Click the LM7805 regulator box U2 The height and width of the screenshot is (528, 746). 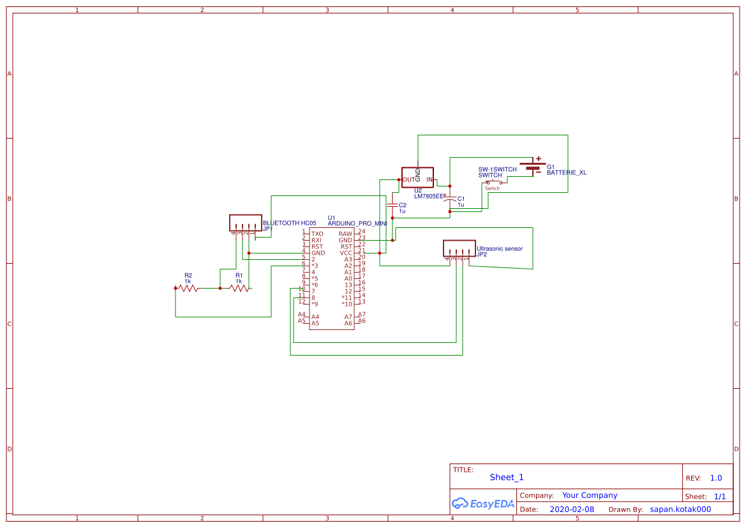pyautogui.click(x=417, y=177)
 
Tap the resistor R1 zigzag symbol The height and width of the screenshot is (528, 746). pyautogui.click(x=239, y=289)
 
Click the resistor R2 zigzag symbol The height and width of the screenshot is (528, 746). pyautogui.click(x=188, y=289)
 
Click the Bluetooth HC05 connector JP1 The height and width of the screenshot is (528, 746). pyautogui.click(x=245, y=223)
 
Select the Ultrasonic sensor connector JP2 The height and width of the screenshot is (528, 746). pyautogui.click(x=459, y=248)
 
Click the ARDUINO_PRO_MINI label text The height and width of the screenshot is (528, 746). pyautogui.click(x=357, y=224)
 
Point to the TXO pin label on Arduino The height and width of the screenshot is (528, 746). pyautogui.click(x=317, y=234)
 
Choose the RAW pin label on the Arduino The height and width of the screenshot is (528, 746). pyautogui.click(x=345, y=234)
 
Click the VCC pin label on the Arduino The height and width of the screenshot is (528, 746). pyautogui.click(x=346, y=253)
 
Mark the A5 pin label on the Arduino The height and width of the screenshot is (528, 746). pyautogui.click(x=315, y=323)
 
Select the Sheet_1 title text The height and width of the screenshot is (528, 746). pyautogui.click(x=506, y=477)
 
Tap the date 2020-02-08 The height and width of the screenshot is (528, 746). pyautogui.click(x=571, y=509)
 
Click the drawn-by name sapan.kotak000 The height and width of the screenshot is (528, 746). pyautogui.click(x=680, y=509)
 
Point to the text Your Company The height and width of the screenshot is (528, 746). pyautogui.click(x=589, y=495)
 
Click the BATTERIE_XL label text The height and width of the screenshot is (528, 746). pyautogui.click(x=566, y=173)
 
